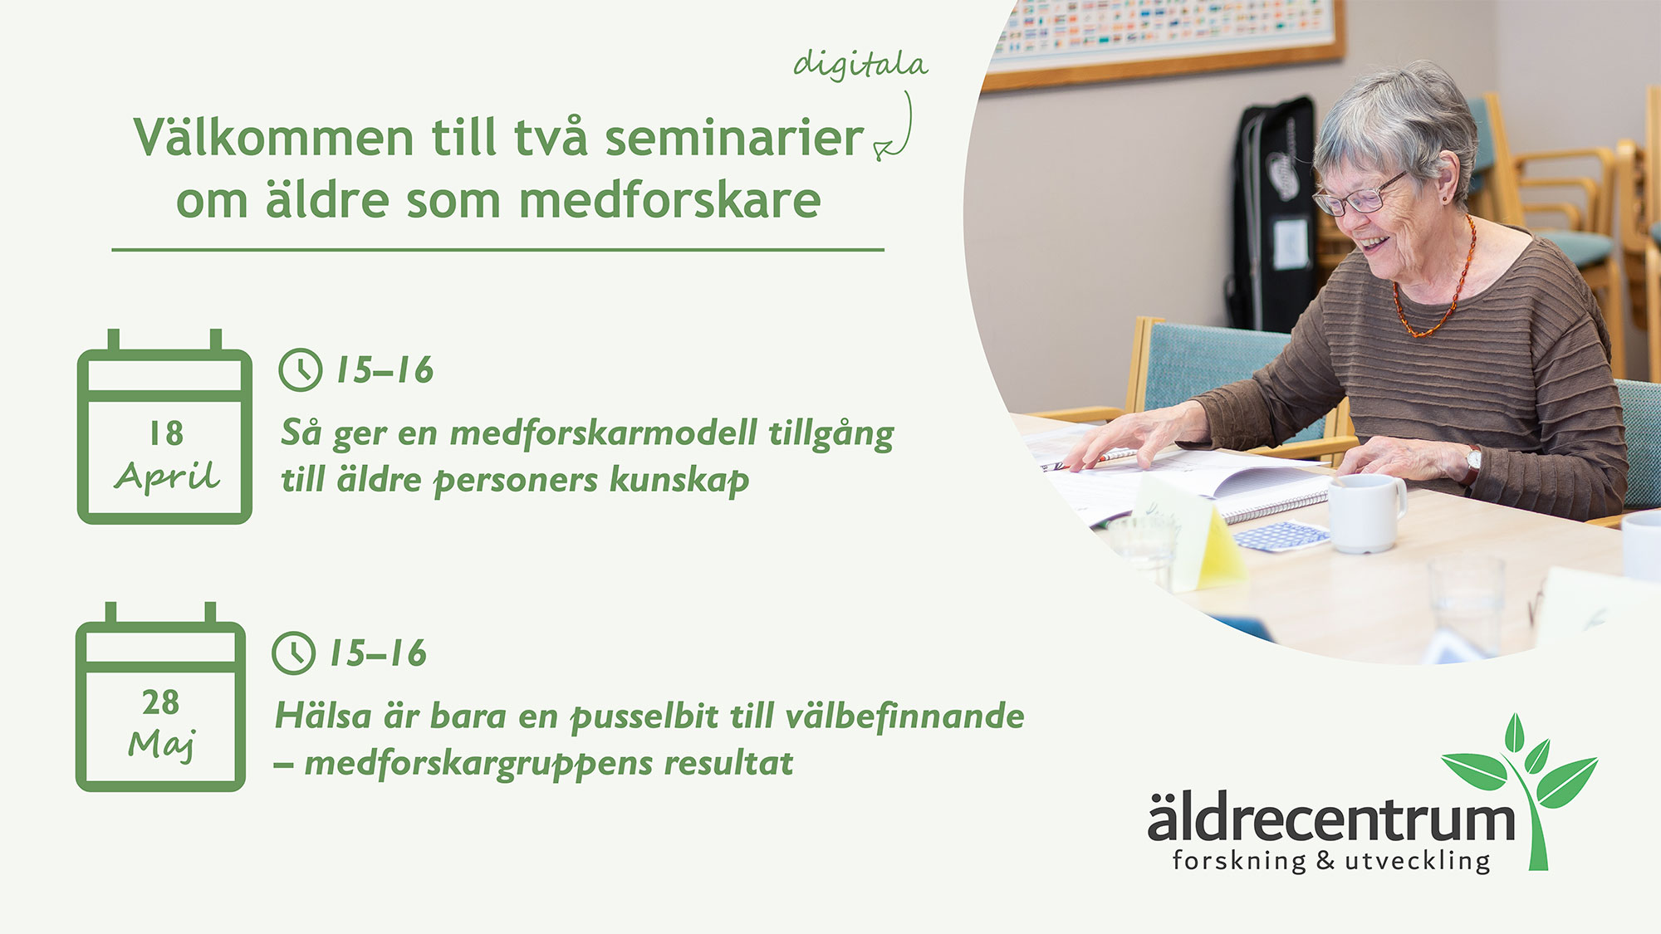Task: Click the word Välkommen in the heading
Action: pyautogui.click(x=273, y=137)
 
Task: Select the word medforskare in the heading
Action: pyautogui.click(x=669, y=200)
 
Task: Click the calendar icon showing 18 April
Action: pyautogui.click(x=164, y=427)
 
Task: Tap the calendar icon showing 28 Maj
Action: pyautogui.click(x=160, y=697)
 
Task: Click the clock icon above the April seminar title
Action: pyautogui.click(x=300, y=369)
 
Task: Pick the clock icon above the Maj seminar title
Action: pyautogui.click(x=293, y=653)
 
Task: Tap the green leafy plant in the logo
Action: pyautogui.click(x=1524, y=789)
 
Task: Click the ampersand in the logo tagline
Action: pyautogui.click(x=1325, y=861)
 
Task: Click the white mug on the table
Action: pyautogui.click(x=1367, y=514)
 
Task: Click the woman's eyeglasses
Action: pyautogui.click(x=1359, y=196)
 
